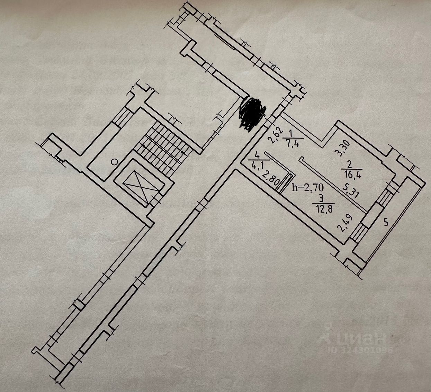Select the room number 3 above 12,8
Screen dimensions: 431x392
click(322, 199)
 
